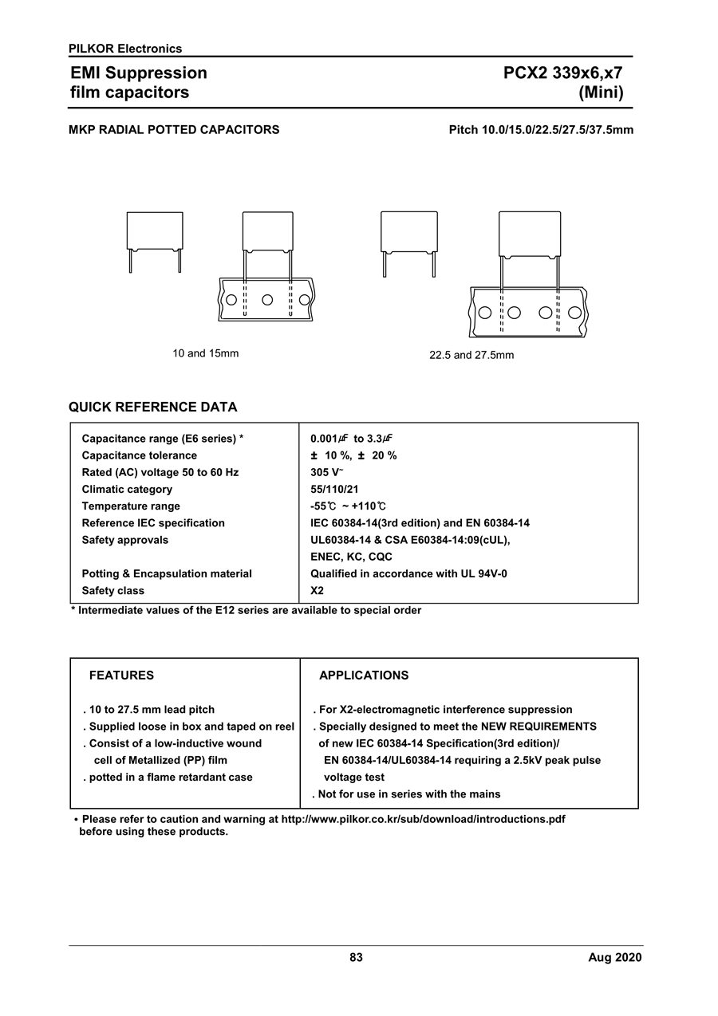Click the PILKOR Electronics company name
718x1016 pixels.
[x=125, y=49]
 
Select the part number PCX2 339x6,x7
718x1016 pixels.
[x=562, y=73]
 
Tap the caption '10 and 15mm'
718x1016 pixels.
[x=206, y=353]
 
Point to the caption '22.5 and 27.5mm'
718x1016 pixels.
[x=471, y=355]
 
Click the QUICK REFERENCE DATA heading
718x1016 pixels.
[x=152, y=408]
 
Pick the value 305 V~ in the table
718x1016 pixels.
[x=326, y=472]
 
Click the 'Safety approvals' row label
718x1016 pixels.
[x=125, y=540]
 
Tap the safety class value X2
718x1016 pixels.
[x=317, y=591]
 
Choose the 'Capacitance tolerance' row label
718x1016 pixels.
[x=139, y=455]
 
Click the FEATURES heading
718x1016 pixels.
[x=121, y=675]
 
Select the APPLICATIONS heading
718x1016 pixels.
[x=363, y=675]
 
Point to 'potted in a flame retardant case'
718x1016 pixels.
[x=170, y=778]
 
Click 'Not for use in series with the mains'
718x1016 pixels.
[x=408, y=794]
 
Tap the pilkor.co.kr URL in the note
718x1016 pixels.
[x=424, y=819]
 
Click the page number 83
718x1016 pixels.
[x=356, y=958]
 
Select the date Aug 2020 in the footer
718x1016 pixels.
[x=614, y=958]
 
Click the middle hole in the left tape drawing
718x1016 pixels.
[x=267, y=300]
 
